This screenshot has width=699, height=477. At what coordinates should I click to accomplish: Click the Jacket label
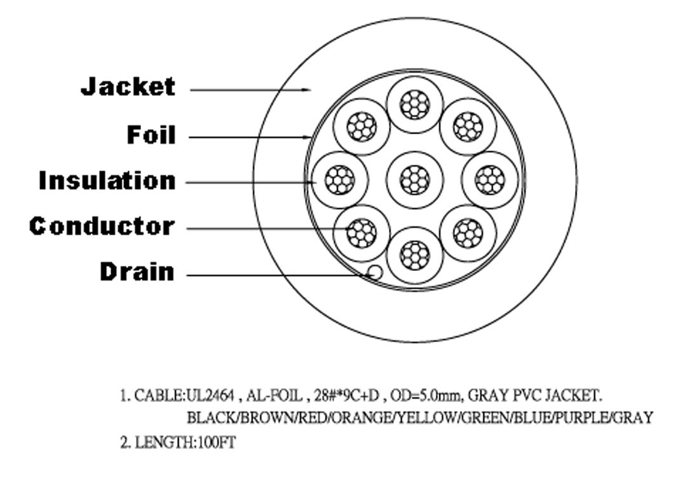click(x=128, y=86)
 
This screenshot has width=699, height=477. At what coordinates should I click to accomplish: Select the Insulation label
click(x=107, y=180)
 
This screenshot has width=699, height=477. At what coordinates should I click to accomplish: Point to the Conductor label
click(x=102, y=226)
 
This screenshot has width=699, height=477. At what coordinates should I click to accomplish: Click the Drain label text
click(x=137, y=272)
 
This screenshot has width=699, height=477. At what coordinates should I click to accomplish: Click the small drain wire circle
click(x=375, y=272)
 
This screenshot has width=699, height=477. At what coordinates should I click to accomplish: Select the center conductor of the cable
click(x=415, y=180)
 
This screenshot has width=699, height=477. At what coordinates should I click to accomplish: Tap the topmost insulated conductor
click(x=415, y=105)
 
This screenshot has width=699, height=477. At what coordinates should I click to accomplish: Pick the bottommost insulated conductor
click(x=415, y=255)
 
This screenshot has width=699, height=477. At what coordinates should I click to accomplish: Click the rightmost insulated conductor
click(x=490, y=180)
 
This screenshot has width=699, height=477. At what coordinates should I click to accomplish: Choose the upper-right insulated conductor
click(x=468, y=127)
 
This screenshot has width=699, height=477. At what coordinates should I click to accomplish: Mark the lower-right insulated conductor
click(x=468, y=233)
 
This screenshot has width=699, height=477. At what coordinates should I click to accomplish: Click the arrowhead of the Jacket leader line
click(x=307, y=90)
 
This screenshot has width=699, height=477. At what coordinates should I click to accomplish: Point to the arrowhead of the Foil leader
click(x=307, y=137)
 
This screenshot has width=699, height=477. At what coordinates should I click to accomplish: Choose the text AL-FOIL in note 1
click(x=275, y=396)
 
